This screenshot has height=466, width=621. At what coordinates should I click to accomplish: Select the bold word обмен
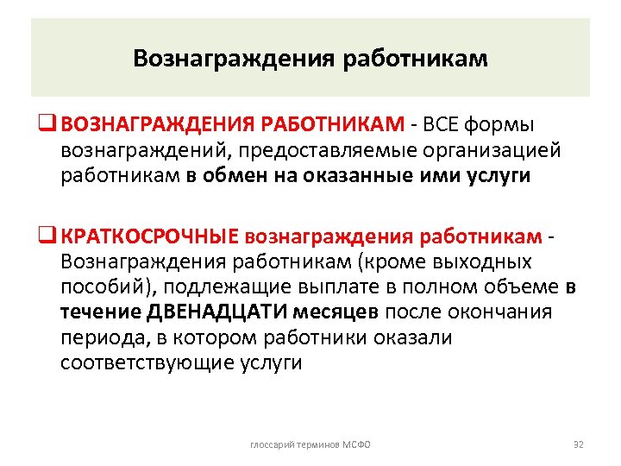coord(232,176)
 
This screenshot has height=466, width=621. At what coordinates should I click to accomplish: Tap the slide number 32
coord(579,444)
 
